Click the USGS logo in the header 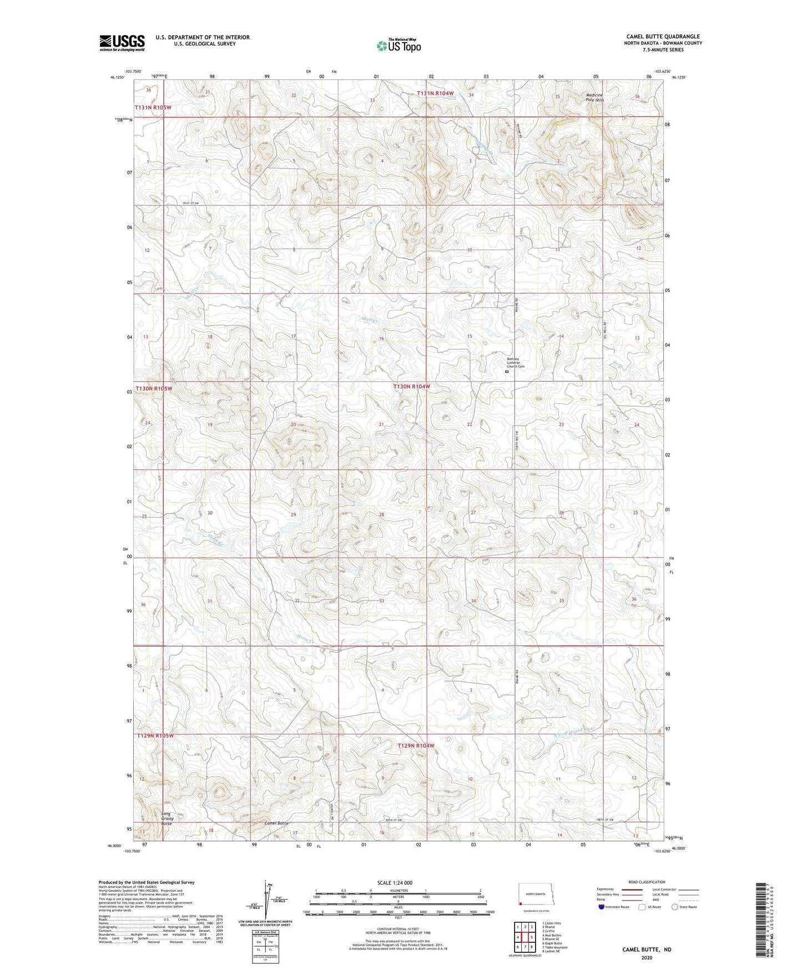coord(122,43)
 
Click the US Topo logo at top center coord(398,46)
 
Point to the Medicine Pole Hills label coord(594,97)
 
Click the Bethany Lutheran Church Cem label coord(515,362)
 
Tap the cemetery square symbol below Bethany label coord(506,372)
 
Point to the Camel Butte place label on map coord(276,822)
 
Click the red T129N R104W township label coord(415,745)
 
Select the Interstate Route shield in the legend coord(602,907)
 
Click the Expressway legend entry coord(619,889)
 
